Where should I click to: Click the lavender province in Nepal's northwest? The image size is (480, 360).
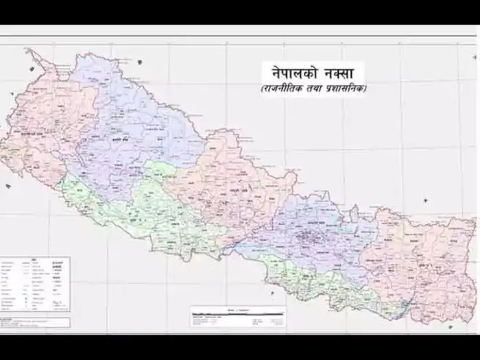(x=130, y=117)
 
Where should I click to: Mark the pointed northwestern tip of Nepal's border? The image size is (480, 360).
(x=27, y=49)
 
